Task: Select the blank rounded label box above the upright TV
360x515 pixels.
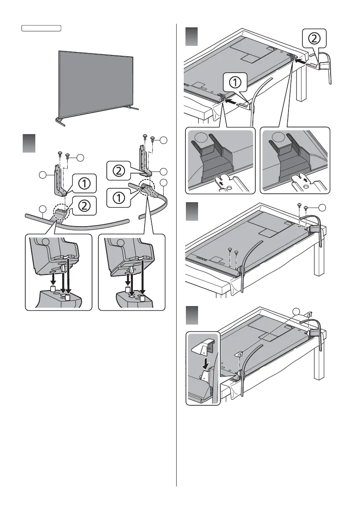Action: click(x=41, y=28)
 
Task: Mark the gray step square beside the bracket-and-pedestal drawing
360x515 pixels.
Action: click(x=28, y=144)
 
